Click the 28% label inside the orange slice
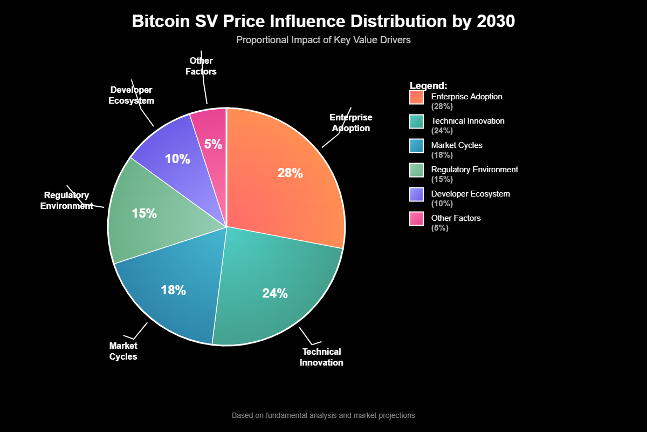point(290,173)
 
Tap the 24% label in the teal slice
point(275,293)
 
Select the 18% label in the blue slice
point(173,290)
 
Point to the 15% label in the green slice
point(144,213)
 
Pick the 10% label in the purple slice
point(177,159)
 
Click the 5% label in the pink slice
point(213,144)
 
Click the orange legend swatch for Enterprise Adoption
point(416,97)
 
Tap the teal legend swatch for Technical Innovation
point(416,122)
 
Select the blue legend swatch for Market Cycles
point(416,146)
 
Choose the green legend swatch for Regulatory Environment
point(416,170)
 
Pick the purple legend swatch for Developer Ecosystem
point(416,194)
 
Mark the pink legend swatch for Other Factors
point(416,219)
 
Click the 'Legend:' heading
point(429,86)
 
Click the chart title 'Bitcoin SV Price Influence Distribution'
point(323,22)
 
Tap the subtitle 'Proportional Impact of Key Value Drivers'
point(323,40)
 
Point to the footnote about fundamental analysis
point(323,415)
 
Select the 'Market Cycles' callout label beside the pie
point(123,351)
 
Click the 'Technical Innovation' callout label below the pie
point(321,357)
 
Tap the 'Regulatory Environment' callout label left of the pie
point(67,200)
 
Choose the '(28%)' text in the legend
point(442,106)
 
